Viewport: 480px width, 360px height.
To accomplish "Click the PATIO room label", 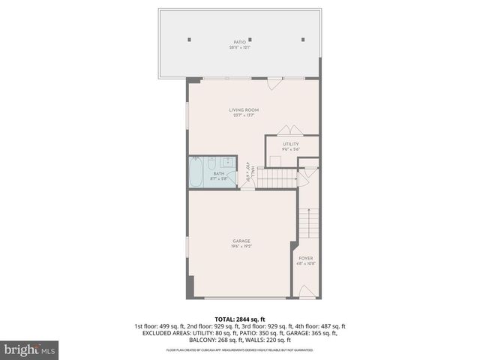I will (x=240, y=42).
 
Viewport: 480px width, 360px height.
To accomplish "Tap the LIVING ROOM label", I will (x=243, y=110).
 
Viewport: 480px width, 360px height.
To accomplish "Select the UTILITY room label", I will (x=291, y=144).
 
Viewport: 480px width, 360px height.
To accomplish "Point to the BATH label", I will (x=218, y=173).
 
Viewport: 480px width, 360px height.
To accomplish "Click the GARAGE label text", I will (x=241, y=241).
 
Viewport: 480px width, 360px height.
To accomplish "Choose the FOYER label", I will (x=306, y=258).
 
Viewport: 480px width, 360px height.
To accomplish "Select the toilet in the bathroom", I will (x=212, y=163).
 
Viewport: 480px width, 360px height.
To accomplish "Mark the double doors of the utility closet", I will (x=289, y=129).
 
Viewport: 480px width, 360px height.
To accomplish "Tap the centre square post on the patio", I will (x=250, y=39).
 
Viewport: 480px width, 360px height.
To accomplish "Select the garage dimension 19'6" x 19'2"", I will (x=241, y=246).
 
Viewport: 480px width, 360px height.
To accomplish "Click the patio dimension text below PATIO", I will (x=240, y=47).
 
